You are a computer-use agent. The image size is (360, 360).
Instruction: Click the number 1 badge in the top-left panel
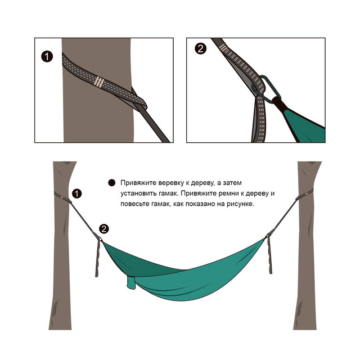click(x=47, y=56)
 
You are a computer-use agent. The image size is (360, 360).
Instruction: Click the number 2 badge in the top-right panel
click(x=200, y=49)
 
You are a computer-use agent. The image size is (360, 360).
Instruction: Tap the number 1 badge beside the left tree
click(x=77, y=193)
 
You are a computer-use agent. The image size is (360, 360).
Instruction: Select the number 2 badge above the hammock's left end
click(x=104, y=229)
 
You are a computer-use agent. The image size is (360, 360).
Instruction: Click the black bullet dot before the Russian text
click(x=112, y=183)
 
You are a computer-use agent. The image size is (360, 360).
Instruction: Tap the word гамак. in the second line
click(x=169, y=193)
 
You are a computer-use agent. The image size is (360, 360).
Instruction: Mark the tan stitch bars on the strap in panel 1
click(x=99, y=82)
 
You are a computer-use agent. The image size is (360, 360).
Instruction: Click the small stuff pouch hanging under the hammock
click(x=131, y=283)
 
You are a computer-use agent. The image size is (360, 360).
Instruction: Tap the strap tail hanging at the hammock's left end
click(x=98, y=257)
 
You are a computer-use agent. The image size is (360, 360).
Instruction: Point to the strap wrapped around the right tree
click(x=305, y=195)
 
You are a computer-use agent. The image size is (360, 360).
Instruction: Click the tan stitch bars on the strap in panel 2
click(x=223, y=47)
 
